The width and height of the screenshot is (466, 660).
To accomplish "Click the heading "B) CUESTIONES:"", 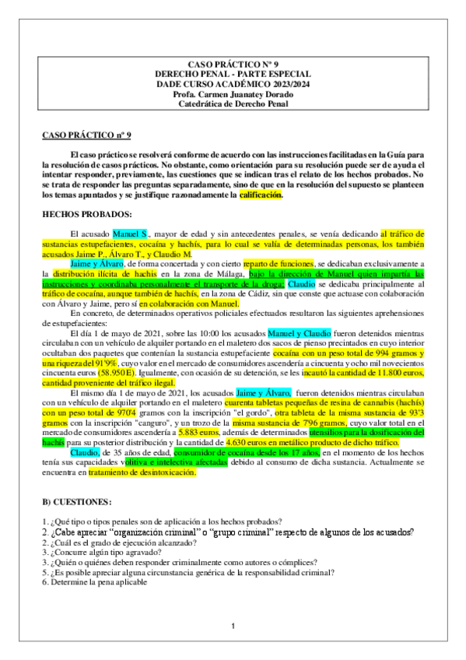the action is click(77, 501).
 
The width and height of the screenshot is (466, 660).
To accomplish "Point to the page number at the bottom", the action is click(233, 626).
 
